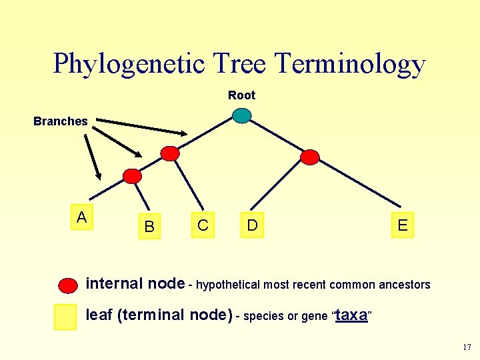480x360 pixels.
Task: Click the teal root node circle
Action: point(242,116)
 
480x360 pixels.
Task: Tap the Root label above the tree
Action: point(241,95)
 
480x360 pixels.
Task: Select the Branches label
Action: point(61,121)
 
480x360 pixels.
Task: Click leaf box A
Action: point(81,217)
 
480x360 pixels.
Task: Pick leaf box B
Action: point(149,227)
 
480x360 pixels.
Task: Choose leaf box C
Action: point(203,226)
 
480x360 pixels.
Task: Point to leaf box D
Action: point(252,225)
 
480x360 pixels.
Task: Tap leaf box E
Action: point(403,225)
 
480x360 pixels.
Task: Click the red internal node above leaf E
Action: point(310,157)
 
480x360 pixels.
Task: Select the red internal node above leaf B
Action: point(133,176)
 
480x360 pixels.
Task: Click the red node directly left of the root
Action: point(171,153)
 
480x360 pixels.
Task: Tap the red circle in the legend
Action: point(69,285)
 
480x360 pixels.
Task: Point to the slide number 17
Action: point(466,347)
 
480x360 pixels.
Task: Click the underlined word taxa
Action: point(351,315)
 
